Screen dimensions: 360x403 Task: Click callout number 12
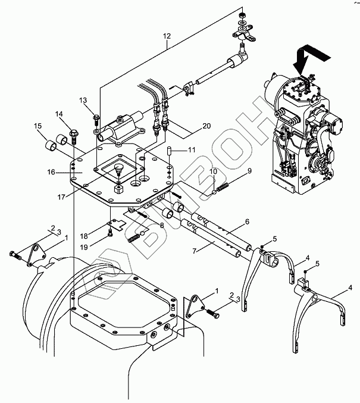click(167, 36)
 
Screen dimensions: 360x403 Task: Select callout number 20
click(206, 126)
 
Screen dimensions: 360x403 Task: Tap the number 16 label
click(51, 172)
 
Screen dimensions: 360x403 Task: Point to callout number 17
click(61, 197)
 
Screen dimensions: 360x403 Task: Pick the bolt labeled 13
click(96, 119)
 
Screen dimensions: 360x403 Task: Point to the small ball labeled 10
click(214, 192)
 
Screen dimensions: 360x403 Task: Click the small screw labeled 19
click(110, 234)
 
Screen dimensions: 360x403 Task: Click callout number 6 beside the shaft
click(247, 221)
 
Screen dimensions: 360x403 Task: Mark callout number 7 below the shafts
click(195, 251)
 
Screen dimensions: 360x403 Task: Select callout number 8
click(161, 226)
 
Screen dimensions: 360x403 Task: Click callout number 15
click(38, 126)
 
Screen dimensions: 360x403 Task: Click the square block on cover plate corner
click(118, 190)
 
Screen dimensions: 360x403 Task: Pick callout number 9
click(249, 171)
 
